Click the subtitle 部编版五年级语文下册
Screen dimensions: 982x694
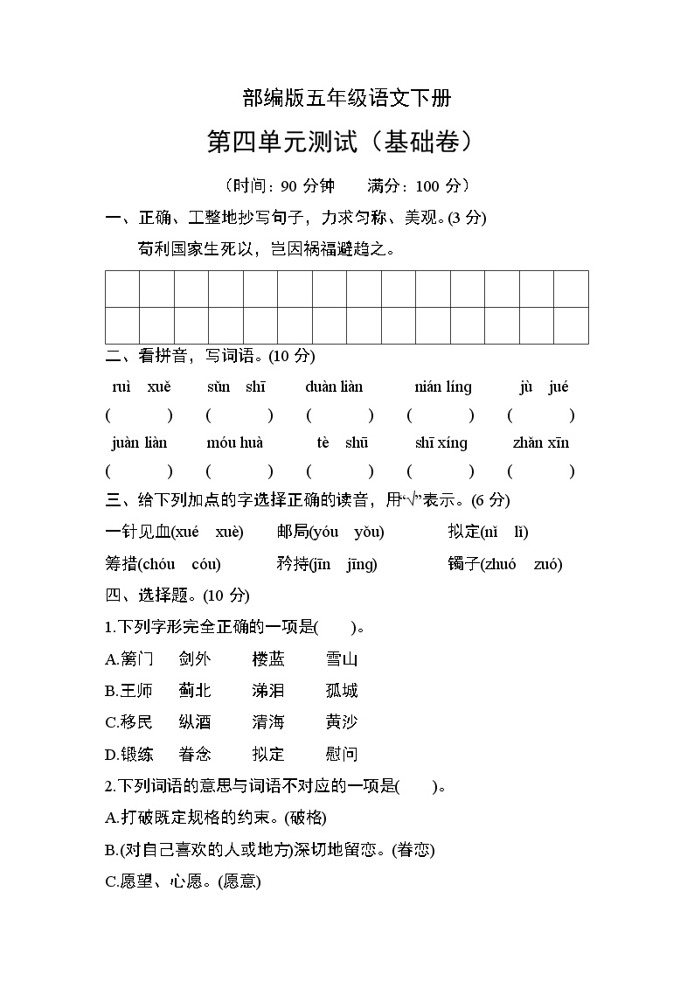click(347, 98)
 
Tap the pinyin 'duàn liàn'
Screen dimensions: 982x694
click(334, 387)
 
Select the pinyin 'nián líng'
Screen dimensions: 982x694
click(443, 387)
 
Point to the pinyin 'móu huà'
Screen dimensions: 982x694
click(234, 442)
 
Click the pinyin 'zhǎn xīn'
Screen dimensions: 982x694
click(541, 442)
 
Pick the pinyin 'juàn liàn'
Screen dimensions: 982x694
click(139, 442)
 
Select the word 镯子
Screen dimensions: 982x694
click(463, 564)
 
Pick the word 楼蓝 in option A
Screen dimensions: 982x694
click(268, 659)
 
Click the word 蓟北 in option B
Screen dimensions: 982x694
click(194, 691)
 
